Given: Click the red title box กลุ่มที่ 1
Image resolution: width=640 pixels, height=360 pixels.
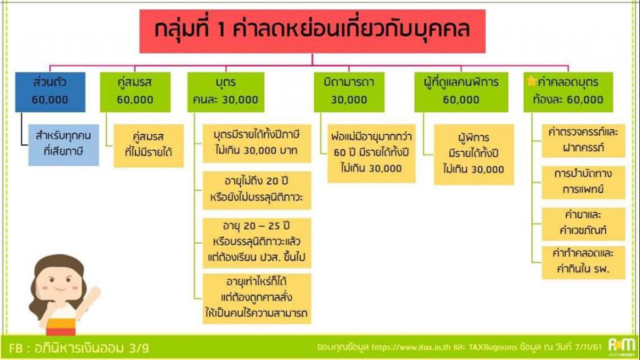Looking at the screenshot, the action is pyautogui.click(x=312, y=31).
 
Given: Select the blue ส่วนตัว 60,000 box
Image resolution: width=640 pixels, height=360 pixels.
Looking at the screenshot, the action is pyautogui.click(x=50, y=92).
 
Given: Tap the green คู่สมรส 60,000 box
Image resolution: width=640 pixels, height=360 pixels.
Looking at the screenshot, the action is pyautogui.click(x=135, y=92).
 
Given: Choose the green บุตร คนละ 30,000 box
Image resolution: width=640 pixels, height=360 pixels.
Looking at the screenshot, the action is pyautogui.click(x=226, y=92).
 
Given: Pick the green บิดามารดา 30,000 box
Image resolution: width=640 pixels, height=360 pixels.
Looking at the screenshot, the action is pyautogui.click(x=349, y=92).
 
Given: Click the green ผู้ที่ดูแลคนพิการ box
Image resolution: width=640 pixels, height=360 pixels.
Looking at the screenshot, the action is pyautogui.click(x=461, y=92).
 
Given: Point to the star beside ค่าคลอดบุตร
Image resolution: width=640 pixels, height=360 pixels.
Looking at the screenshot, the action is pyautogui.click(x=531, y=81).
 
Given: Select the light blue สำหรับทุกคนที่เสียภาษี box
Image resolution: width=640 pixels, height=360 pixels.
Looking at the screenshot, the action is pyautogui.click(x=63, y=145).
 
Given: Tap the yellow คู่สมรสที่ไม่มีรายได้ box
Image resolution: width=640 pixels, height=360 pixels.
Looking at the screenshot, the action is pyautogui.click(x=149, y=146).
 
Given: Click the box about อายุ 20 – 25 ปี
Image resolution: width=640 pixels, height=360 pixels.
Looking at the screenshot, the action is pyautogui.click(x=257, y=243).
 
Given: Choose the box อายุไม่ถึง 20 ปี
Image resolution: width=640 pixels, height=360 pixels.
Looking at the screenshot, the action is pyautogui.click(x=257, y=190).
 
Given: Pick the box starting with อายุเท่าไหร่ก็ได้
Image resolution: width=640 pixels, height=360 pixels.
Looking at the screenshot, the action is pyautogui.click(x=257, y=299).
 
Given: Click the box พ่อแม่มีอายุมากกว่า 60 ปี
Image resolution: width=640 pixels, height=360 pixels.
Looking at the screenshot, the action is pyautogui.click(x=371, y=153).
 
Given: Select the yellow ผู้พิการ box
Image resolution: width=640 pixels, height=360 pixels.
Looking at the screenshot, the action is pyautogui.click(x=474, y=154).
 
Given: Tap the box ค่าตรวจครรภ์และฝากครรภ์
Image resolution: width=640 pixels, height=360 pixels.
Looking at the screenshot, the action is pyautogui.click(x=583, y=141).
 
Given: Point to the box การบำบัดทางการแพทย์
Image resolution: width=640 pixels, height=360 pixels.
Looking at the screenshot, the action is pyautogui.click(x=583, y=182).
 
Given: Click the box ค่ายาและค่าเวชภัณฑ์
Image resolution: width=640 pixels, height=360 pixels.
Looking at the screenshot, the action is pyautogui.click(x=583, y=224).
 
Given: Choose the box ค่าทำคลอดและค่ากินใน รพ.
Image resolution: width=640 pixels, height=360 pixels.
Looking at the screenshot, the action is pyautogui.click(x=583, y=262).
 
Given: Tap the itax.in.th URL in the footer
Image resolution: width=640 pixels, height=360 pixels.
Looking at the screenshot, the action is pyautogui.click(x=411, y=347).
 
